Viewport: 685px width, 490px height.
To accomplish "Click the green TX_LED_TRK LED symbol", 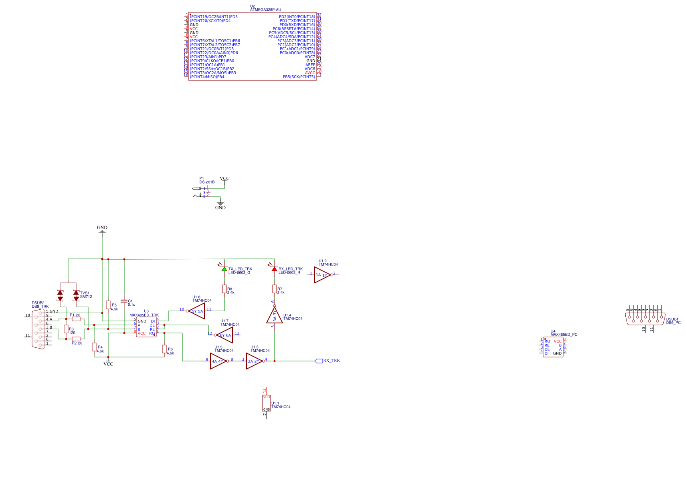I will [224, 269].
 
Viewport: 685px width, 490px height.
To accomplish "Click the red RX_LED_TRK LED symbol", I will [274, 269].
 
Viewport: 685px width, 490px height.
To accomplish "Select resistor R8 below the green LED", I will [224, 289].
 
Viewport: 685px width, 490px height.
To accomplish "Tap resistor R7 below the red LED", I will [275, 289].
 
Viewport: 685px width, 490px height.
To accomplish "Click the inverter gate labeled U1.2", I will [323, 275].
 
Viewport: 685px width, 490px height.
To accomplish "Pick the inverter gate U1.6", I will [197, 311].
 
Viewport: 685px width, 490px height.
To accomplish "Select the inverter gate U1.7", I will [225, 335].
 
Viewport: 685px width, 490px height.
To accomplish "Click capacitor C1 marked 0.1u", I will [124, 301].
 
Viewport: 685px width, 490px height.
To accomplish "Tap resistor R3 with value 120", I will [66, 329].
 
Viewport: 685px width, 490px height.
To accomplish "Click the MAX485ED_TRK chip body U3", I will [146, 327].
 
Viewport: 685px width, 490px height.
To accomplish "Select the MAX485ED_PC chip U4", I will [553, 347].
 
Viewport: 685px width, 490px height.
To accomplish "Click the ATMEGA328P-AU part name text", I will [265, 10].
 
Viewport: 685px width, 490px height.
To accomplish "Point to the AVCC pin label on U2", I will [310, 73].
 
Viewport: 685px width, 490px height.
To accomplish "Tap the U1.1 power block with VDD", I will [267, 403].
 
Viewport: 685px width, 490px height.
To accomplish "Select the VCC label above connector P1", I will [224, 179].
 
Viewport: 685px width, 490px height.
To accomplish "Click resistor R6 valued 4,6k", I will [164, 349].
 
